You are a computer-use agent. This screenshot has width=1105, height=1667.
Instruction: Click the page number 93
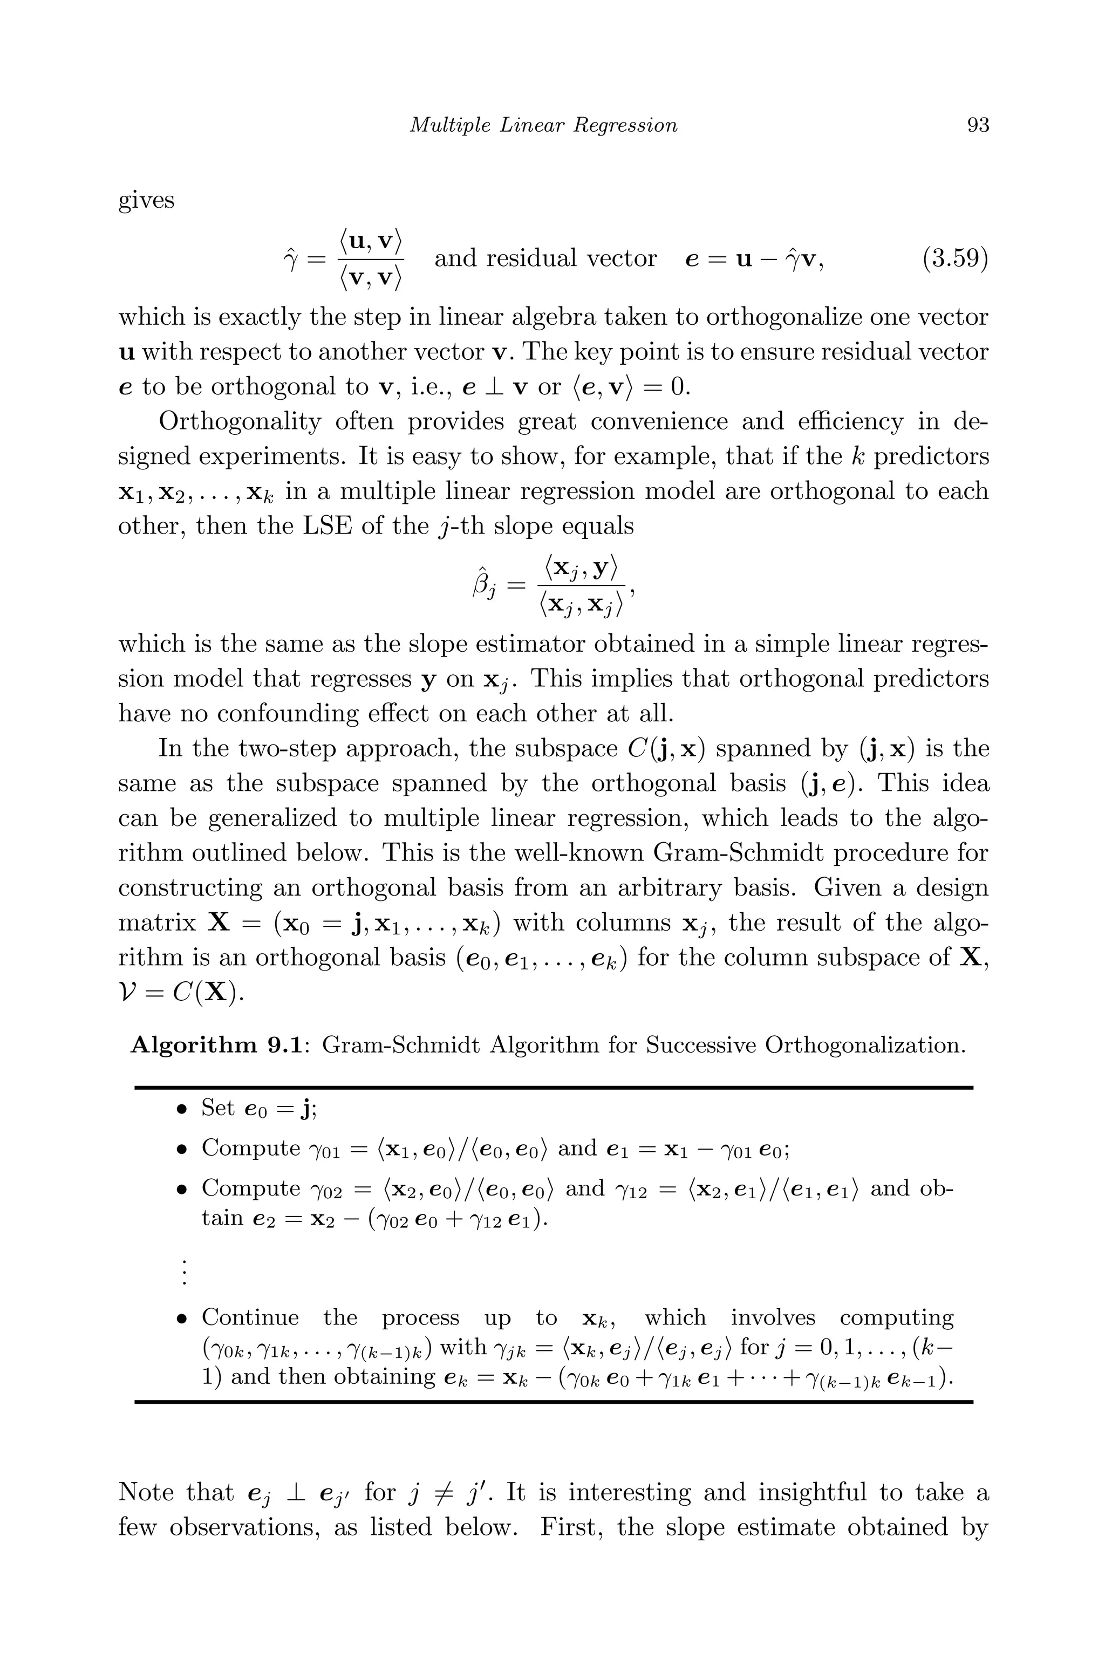coord(978,125)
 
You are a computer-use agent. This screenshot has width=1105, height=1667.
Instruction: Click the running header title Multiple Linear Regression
coord(543,125)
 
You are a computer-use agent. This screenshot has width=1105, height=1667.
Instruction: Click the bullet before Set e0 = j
coord(182,1110)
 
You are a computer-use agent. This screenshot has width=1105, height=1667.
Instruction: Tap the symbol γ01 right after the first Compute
coord(325,1150)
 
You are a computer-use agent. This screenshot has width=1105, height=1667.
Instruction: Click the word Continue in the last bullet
coord(250,1317)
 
